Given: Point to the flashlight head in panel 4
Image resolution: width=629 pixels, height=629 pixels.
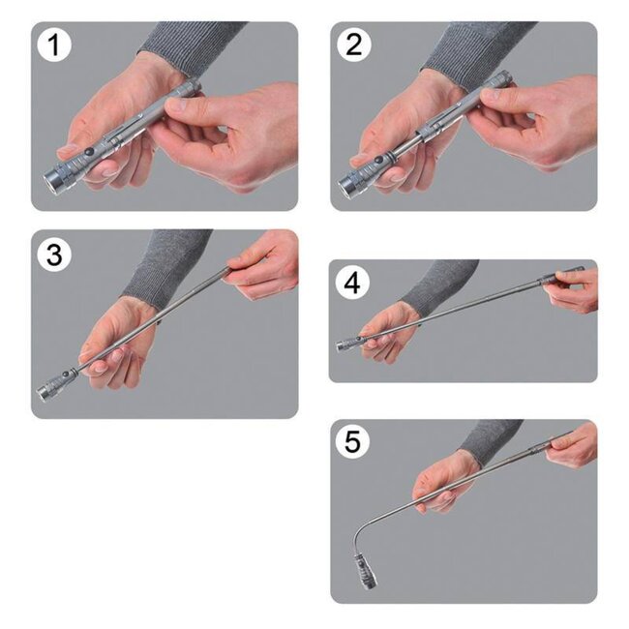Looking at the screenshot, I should pos(346,344).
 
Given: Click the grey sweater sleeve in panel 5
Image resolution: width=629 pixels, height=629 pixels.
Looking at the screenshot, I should pos(489,440).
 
